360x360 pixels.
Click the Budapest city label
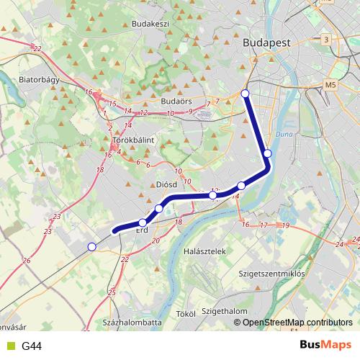267,42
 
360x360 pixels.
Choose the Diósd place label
166,184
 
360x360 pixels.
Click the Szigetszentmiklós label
271,274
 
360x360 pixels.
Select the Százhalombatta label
132,322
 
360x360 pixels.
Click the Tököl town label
186,314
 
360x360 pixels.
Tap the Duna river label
283,135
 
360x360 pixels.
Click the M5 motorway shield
330,84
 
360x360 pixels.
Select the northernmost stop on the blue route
246,94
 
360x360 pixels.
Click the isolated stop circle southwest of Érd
91,247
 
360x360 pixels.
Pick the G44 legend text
32,346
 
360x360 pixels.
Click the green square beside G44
10,346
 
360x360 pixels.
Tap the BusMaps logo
325,345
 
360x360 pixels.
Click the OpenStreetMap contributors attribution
297,322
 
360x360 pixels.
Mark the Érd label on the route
142,230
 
